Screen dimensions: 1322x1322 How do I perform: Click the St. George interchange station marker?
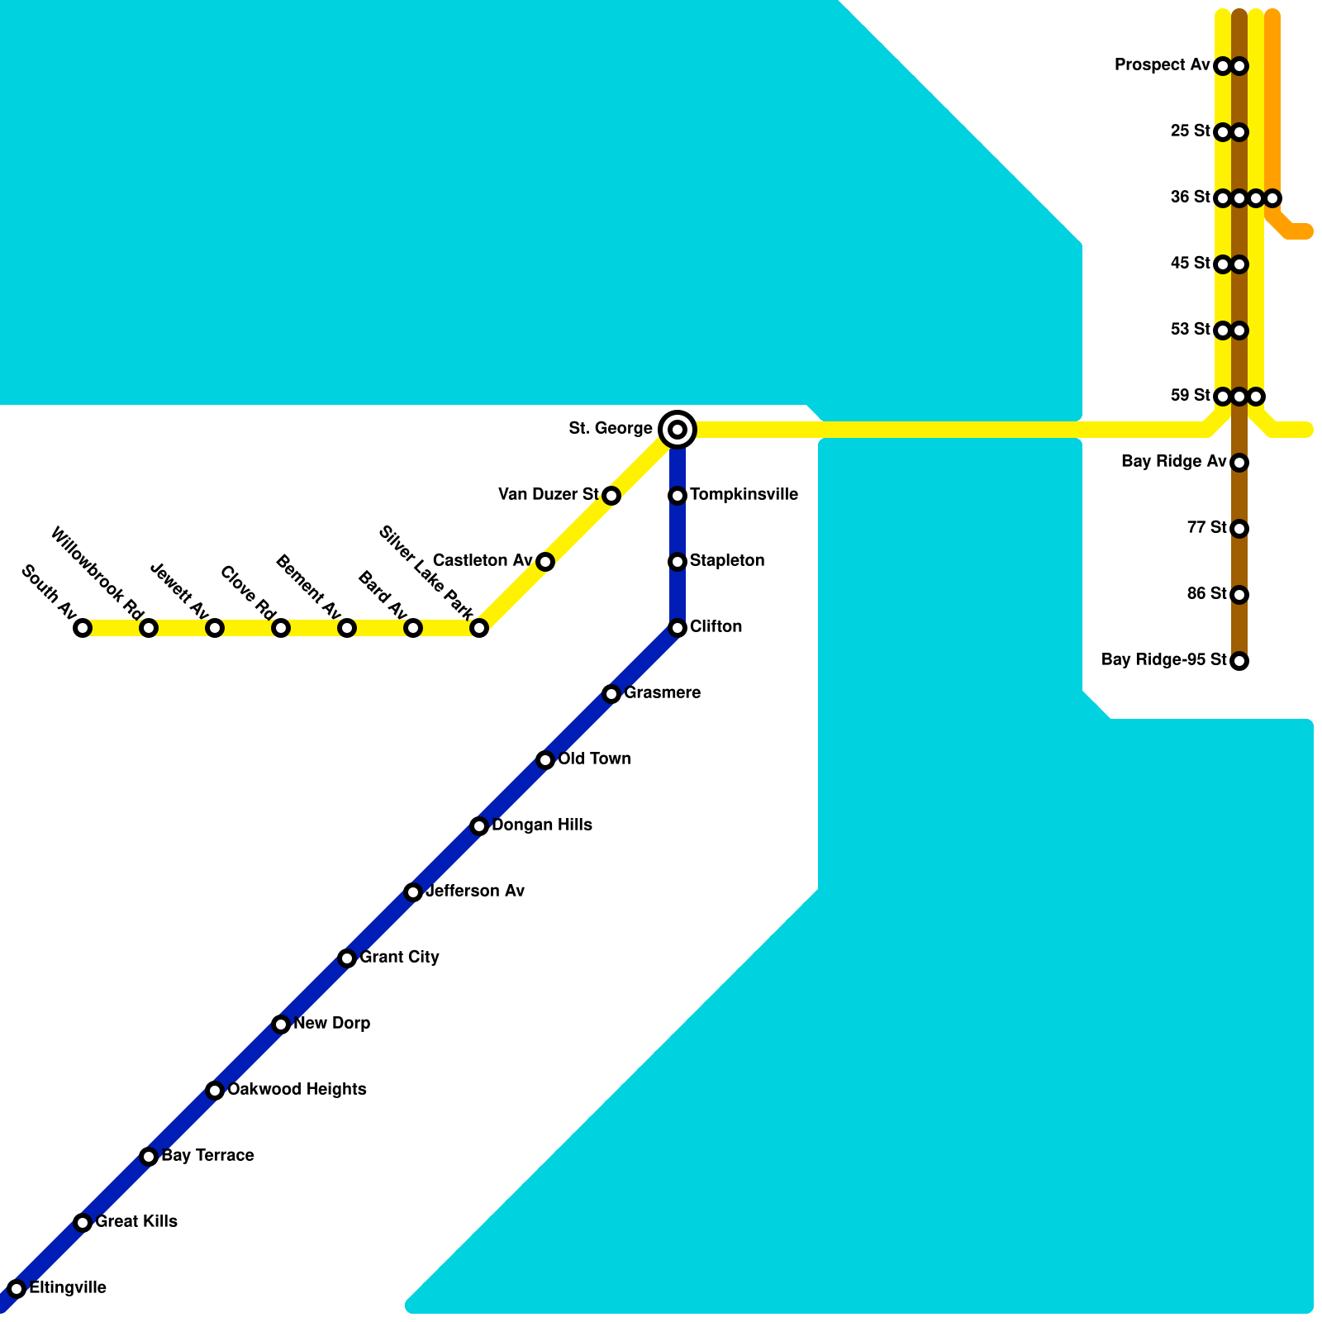click(x=678, y=430)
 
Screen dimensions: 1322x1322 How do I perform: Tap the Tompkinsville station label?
click(x=744, y=495)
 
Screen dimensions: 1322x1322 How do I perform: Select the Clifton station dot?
click(x=678, y=628)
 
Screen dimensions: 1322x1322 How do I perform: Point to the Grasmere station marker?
click(x=611, y=694)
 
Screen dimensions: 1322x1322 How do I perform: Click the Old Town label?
click(x=594, y=759)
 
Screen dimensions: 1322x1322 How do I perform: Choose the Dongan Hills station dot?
click(x=479, y=826)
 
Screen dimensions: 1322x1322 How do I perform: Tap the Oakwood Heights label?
click(x=297, y=1090)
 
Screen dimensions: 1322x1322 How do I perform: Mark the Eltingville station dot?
click(x=17, y=1289)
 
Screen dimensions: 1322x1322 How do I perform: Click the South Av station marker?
click(x=83, y=628)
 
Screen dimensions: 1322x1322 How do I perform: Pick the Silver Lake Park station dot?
click(x=479, y=628)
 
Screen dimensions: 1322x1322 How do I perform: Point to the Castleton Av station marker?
click(x=545, y=562)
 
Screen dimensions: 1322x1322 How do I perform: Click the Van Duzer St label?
click(x=549, y=495)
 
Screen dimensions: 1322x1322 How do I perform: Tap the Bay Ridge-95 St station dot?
click(x=1239, y=661)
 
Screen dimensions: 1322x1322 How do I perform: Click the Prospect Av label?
click(x=1162, y=65)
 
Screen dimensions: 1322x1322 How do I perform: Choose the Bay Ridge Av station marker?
click(x=1239, y=463)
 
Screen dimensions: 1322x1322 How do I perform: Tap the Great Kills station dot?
click(x=83, y=1223)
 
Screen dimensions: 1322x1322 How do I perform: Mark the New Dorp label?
click(x=331, y=1024)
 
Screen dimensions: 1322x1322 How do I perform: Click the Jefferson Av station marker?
click(x=413, y=892)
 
